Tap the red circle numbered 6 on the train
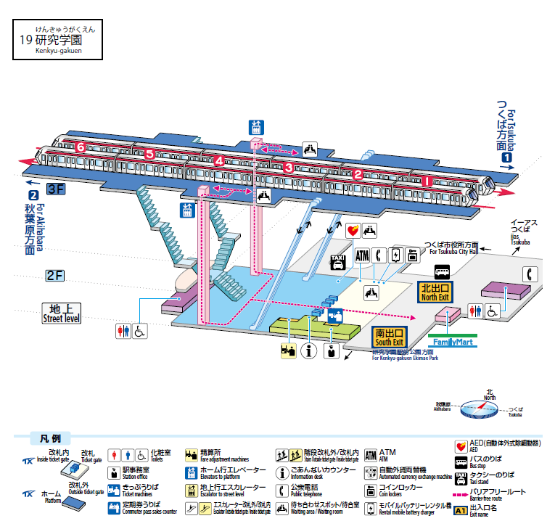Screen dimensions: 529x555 81,147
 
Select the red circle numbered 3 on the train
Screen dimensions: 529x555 288,168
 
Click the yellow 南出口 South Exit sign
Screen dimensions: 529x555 389,336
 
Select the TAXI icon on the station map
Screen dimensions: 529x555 338,261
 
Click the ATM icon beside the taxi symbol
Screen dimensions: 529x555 363,256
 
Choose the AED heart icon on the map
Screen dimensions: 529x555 353,231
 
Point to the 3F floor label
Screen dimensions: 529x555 56,190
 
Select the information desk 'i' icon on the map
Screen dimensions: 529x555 311,352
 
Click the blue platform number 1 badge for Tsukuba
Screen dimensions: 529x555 508,157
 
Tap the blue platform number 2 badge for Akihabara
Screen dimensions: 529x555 33,194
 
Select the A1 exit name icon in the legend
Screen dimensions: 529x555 461,511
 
